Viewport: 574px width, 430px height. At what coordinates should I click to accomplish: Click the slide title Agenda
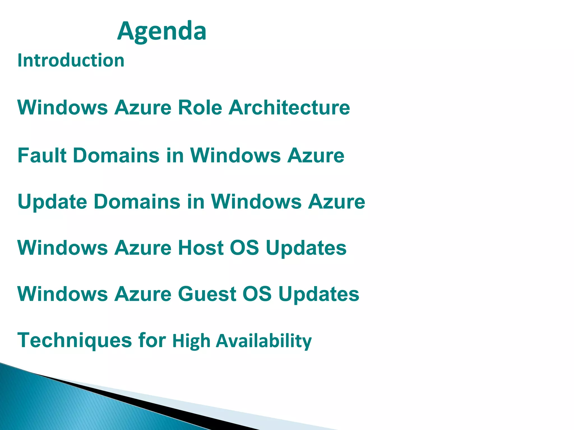click(x=162, y=31)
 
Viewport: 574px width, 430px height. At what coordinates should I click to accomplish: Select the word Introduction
click(x=71, y=60)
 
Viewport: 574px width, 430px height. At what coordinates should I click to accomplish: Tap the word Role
click(x=200, y=107)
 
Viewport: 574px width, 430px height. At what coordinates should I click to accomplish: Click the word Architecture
click(x=289, y=107)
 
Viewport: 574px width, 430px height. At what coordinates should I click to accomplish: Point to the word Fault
click(x=42, y=155)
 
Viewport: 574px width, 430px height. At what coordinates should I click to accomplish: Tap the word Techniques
click(x=74, y=341)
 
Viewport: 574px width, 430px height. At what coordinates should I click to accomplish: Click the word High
click(x=191, y=341)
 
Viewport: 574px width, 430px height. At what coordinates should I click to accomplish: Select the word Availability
click(x=263, y=341)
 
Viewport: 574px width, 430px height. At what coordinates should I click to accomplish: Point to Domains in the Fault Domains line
click(x=116, y=155)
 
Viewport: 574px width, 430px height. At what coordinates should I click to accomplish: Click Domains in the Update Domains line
click(x=137, y=202)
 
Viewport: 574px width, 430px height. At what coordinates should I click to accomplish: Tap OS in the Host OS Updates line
click(x=244, y=248)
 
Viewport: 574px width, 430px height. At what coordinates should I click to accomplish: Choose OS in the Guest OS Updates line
click(x=257, y=294)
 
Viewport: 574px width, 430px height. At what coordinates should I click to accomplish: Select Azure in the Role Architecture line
click(x=143, y=107)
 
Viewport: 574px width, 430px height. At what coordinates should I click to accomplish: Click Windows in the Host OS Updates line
click(x=63, y=248)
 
